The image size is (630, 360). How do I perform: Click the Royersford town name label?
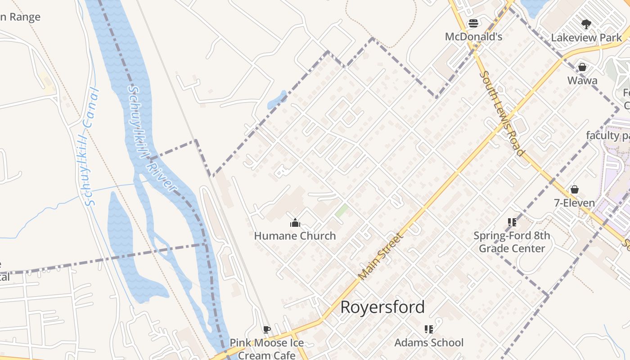tap(382, 307)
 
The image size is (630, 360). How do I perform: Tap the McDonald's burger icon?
tap(473, 23)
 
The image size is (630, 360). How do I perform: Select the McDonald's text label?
tap(473, 36)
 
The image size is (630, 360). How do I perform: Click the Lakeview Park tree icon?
tap(586, 24)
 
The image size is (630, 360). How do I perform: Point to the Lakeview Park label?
tap(586, 38)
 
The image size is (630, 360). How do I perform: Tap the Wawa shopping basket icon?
tap(582, 67)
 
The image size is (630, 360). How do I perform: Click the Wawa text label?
tap(582, 81)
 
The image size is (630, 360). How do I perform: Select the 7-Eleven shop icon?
tap(574, 189)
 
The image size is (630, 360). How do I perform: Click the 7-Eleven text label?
tap(574, 203)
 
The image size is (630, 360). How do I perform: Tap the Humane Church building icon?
tap(295, 222)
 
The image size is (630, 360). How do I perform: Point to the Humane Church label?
tap(295, 236)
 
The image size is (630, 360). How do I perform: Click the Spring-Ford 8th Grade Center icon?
tap(512, 222)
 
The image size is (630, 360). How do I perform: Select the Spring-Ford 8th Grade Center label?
tap(512, 242)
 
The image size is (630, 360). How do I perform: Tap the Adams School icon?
tap(429, 329)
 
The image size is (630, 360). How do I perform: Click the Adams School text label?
tap(429, 342)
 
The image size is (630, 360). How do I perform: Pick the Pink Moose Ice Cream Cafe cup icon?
tap(266, 329)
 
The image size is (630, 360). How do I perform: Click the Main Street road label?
tap(381, 256)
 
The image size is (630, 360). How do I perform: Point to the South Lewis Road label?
tap(502, 113)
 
